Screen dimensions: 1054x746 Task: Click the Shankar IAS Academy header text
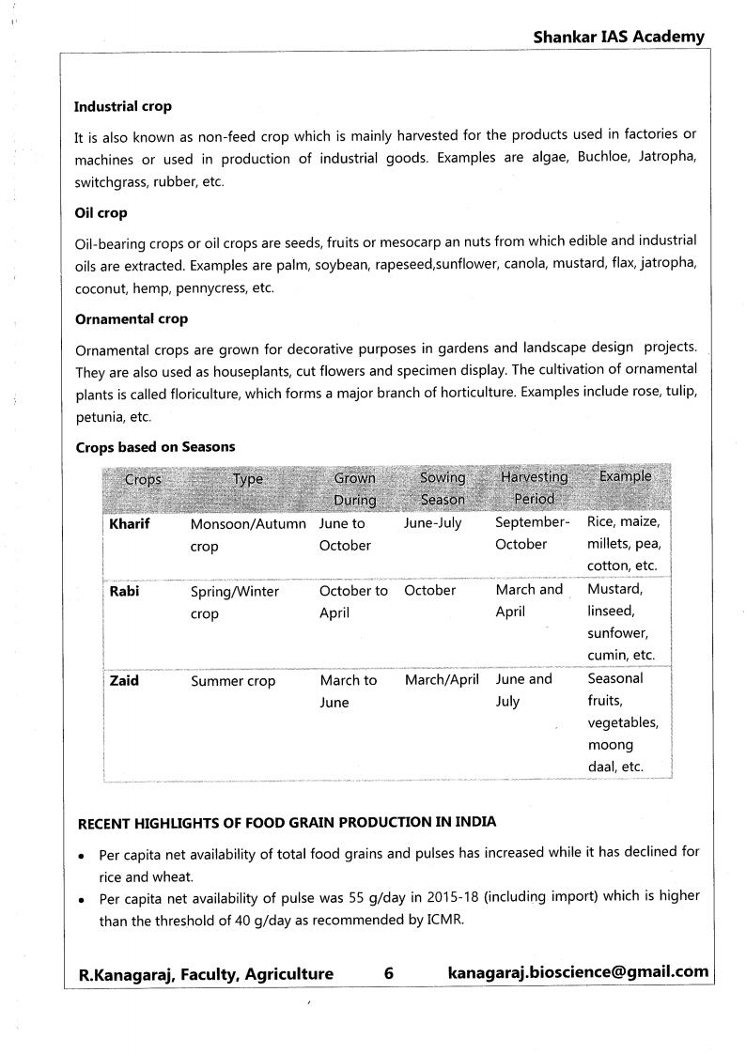coord(618,37)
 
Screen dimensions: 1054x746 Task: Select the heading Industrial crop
coord(123,107)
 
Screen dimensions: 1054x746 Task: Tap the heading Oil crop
coord(101,213)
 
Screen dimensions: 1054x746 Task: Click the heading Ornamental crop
coord(132,319)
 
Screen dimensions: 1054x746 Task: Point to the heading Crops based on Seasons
coord(155,447)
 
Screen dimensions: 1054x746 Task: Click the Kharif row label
coord(130,523)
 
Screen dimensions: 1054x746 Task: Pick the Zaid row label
coord(124,680)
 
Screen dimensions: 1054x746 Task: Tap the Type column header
coord(248,479)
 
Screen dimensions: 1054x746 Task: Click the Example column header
coord(625,476)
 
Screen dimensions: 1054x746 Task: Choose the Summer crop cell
coord(233,681)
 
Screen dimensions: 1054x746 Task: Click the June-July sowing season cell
coord(432,523)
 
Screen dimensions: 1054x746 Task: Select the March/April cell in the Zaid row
coord(442,679)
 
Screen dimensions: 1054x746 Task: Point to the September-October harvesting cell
coord(532,534)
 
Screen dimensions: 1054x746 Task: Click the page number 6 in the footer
coord(389,974)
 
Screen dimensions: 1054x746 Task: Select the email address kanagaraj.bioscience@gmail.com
coord(579,972)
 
